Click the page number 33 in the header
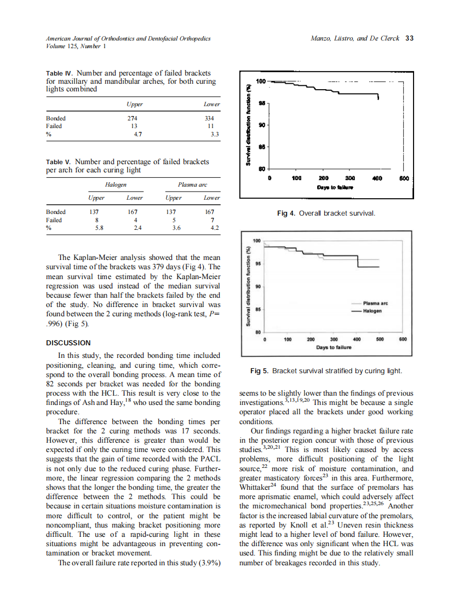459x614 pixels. (x=409, y=38)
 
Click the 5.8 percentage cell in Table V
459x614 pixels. (x=99, y=228)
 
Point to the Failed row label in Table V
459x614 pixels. (x=54, y=220)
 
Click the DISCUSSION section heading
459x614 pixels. (x=68, y=343)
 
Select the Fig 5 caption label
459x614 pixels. (x=259, y=371)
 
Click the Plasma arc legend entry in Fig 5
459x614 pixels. (x=375, y=303)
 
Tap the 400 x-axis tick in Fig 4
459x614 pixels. (x=377, y=178)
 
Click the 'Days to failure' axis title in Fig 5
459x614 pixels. (x=334, y=347)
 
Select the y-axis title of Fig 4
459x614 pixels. (x=248, y=125)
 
